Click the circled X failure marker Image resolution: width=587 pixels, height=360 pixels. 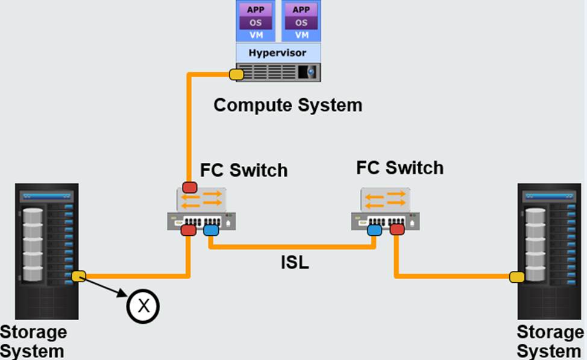coord(143,306)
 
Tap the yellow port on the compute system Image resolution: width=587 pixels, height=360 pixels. coord(236,75)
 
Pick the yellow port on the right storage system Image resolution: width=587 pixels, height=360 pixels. coord(516,277)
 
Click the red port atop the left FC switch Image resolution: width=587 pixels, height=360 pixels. coord(190,186)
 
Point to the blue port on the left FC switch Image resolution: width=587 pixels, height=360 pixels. coord(211,230)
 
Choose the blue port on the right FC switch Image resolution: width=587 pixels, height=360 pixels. coord(374,229)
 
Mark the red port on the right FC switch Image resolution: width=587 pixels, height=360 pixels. coord(397,229)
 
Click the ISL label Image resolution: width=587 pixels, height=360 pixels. coord(295,263)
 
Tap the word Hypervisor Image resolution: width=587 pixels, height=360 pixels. coord(277,52)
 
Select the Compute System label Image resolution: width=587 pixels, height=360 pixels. coord(288,105)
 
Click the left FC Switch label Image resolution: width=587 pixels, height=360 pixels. coord(243,170)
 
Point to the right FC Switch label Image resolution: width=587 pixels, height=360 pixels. coord(400,168)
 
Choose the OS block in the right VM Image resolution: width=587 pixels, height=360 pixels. coord(301,23)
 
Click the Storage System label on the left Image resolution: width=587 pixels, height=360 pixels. coord(33,341)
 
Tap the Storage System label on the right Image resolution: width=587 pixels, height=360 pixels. coord(550,341)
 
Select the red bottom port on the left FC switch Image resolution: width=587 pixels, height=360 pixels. coord(188,230)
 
